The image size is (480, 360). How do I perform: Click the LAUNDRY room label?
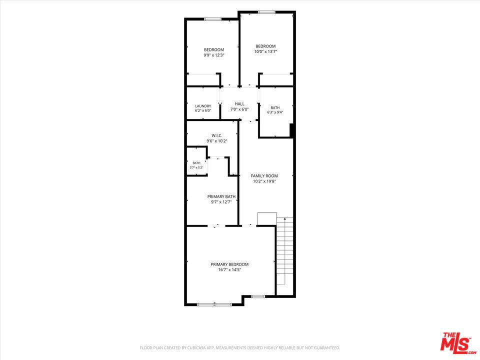pyautogui.click(x=203, y=106)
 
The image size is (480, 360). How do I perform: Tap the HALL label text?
pyautogui.click(x=239, y=104)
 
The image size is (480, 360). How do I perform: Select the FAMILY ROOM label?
pyautogui.click(x=264, y=175)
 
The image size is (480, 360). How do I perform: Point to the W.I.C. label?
pyautogui.click(x=216, y=135)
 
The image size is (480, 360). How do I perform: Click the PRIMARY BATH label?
pyautogui.click(x=221, y=196)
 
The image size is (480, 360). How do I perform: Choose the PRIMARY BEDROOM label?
pyautogui.click(x=229, y=264)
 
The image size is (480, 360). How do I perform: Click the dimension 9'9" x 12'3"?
pyautogui.click(x=214, y=55)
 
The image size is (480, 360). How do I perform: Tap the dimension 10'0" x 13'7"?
pyautogui.click(x=265, y=51)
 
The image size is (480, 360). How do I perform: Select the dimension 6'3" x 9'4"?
pyautogui.click(x=275, y=112)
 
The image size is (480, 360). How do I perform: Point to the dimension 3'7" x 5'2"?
pyautogui.click(x=196, y=167)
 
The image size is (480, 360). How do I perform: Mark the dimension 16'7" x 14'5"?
pyautogui.click(x=229, y=269)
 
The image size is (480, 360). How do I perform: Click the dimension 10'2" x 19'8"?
pyautogui.click(x=264, y=181)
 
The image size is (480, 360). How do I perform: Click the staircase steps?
pyautogui.click(x=285, y=251)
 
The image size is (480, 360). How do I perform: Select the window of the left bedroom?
pyautogui.click(x=213, y=19)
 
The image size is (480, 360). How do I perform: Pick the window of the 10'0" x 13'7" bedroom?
pyautogui.click(x=266, y=12)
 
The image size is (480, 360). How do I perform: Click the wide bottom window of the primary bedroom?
pyautogui.click(x=214, y=304)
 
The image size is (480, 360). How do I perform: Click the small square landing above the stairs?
pyautogui.click(x=267, y=219)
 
